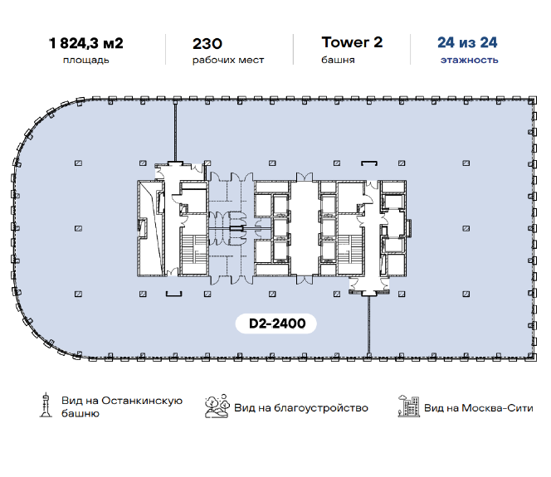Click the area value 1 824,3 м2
point(86,44)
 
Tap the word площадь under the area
point(86,60)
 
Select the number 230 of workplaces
point(207,44)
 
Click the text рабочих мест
point(228,60)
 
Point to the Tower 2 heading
point(352,42)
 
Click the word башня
point(338,60)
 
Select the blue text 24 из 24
point(467,42)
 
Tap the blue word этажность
point(470,60)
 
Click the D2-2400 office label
point(276,324)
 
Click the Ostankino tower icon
point(46,405)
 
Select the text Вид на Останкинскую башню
point(122,406)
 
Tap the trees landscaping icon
point(217,406)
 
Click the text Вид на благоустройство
point(301,408)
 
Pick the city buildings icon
point(409,406)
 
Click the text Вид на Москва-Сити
point(479,408)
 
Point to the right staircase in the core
point(350,250)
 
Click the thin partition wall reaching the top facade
point(175,131)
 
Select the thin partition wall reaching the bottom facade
point(368,326)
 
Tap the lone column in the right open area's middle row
point(466,228)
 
